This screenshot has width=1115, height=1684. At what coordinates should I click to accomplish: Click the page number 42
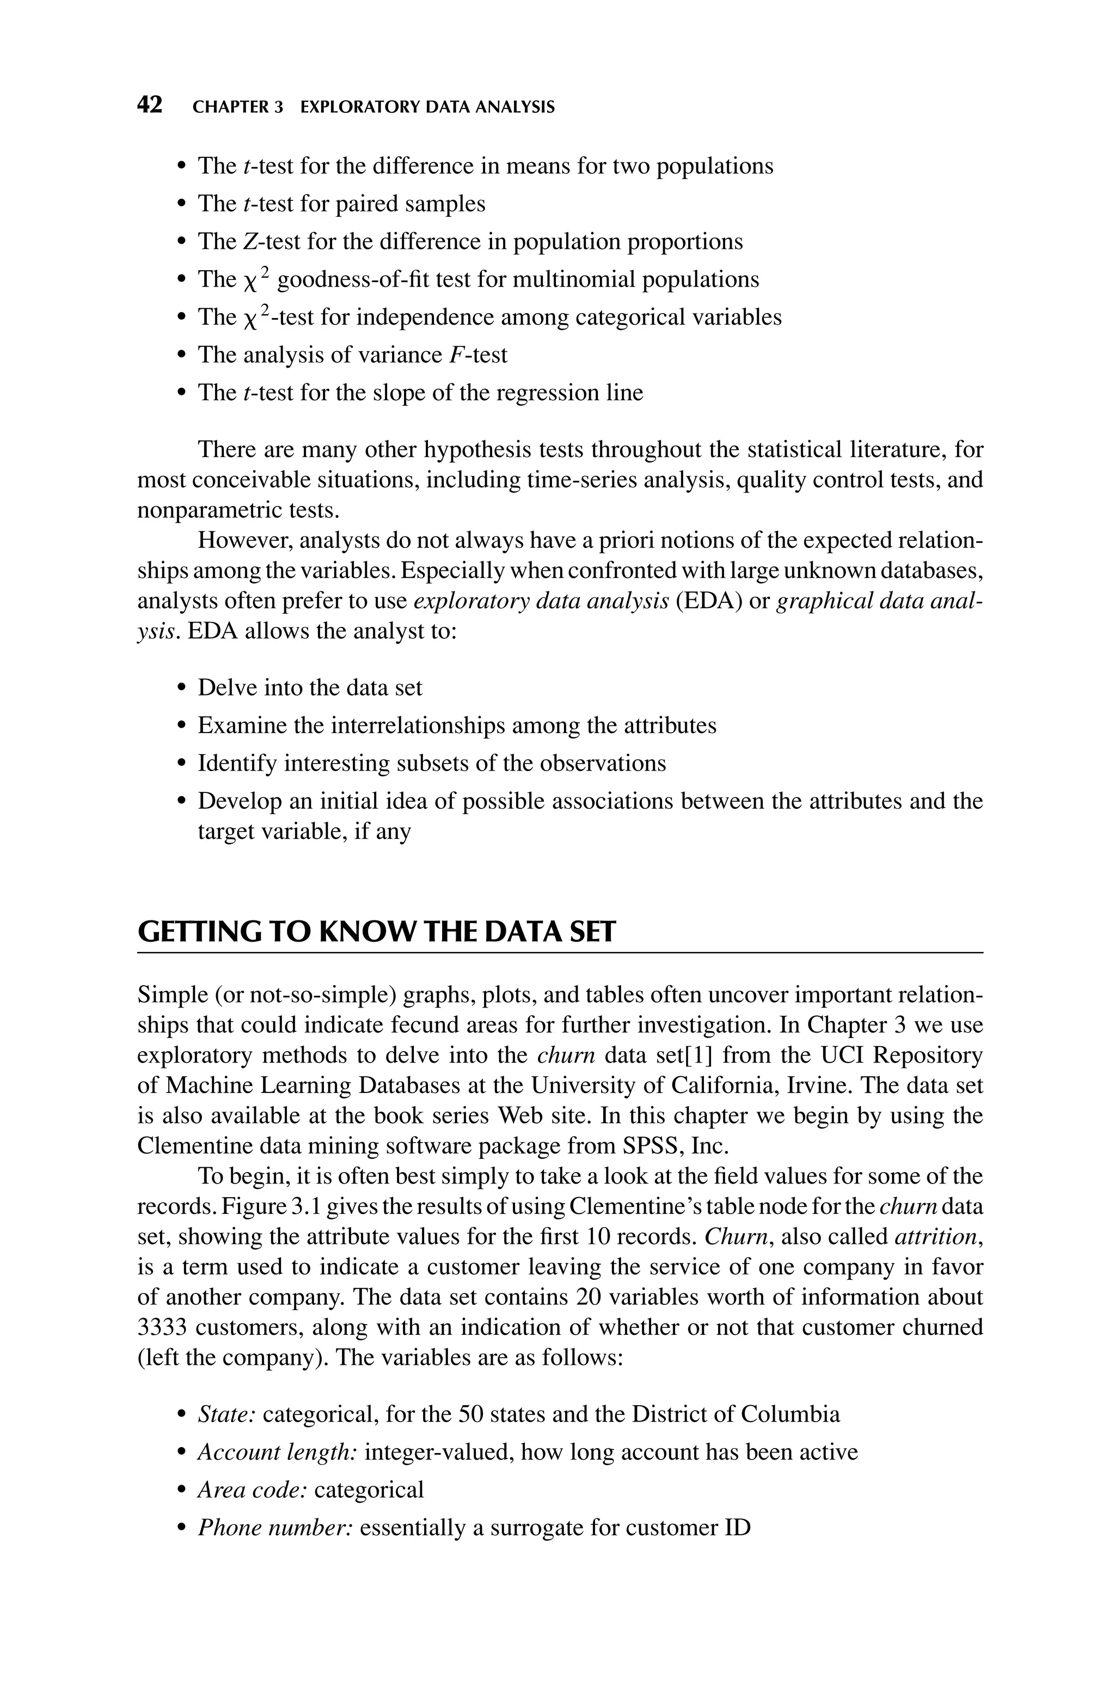(x=149, y=106)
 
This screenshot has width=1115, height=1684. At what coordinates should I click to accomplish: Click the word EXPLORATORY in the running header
(x=359, y=107)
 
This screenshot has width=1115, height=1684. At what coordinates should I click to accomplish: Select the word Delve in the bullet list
(x=225, y=688)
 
